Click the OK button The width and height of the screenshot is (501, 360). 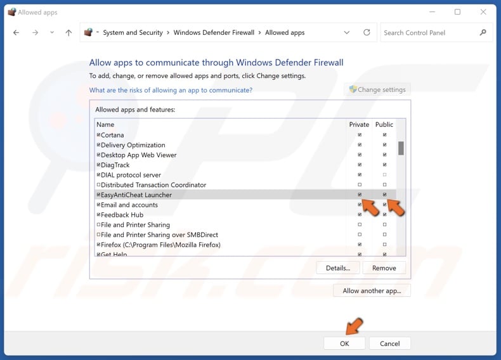click(344, 343)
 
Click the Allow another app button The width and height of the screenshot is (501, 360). click(372, 290)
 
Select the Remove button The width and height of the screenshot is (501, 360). click(384, 267)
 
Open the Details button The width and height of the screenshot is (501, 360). click(337, 267)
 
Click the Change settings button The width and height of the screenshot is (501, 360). click(377, 89)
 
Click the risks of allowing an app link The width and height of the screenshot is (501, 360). click(171, 90)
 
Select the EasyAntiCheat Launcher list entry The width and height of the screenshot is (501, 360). click(136, 195)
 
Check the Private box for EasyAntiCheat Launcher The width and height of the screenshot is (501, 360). click(360, 195)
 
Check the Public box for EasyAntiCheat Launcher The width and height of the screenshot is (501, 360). click(384, 195)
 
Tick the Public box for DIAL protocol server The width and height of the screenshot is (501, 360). click(384, 175)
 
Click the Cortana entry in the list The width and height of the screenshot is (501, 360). click(112, 135)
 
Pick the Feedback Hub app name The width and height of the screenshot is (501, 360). click(122, 215)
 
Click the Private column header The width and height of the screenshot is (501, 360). click(359, 124)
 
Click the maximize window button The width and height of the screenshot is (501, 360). click(457, 12)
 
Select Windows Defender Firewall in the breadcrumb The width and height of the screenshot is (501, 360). click(214, 32)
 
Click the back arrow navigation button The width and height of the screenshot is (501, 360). click(16, 32)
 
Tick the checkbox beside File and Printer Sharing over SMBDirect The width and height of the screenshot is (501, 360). click(98, 235)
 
